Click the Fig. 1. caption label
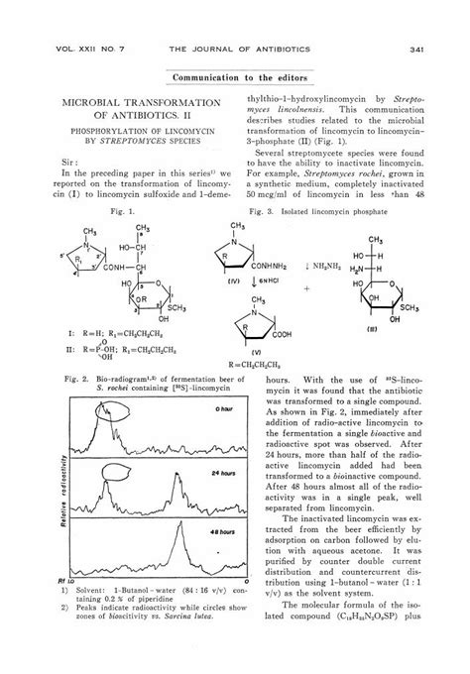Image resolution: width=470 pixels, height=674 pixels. click(123, 211)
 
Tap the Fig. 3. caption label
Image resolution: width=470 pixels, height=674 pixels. click(267, 211)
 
